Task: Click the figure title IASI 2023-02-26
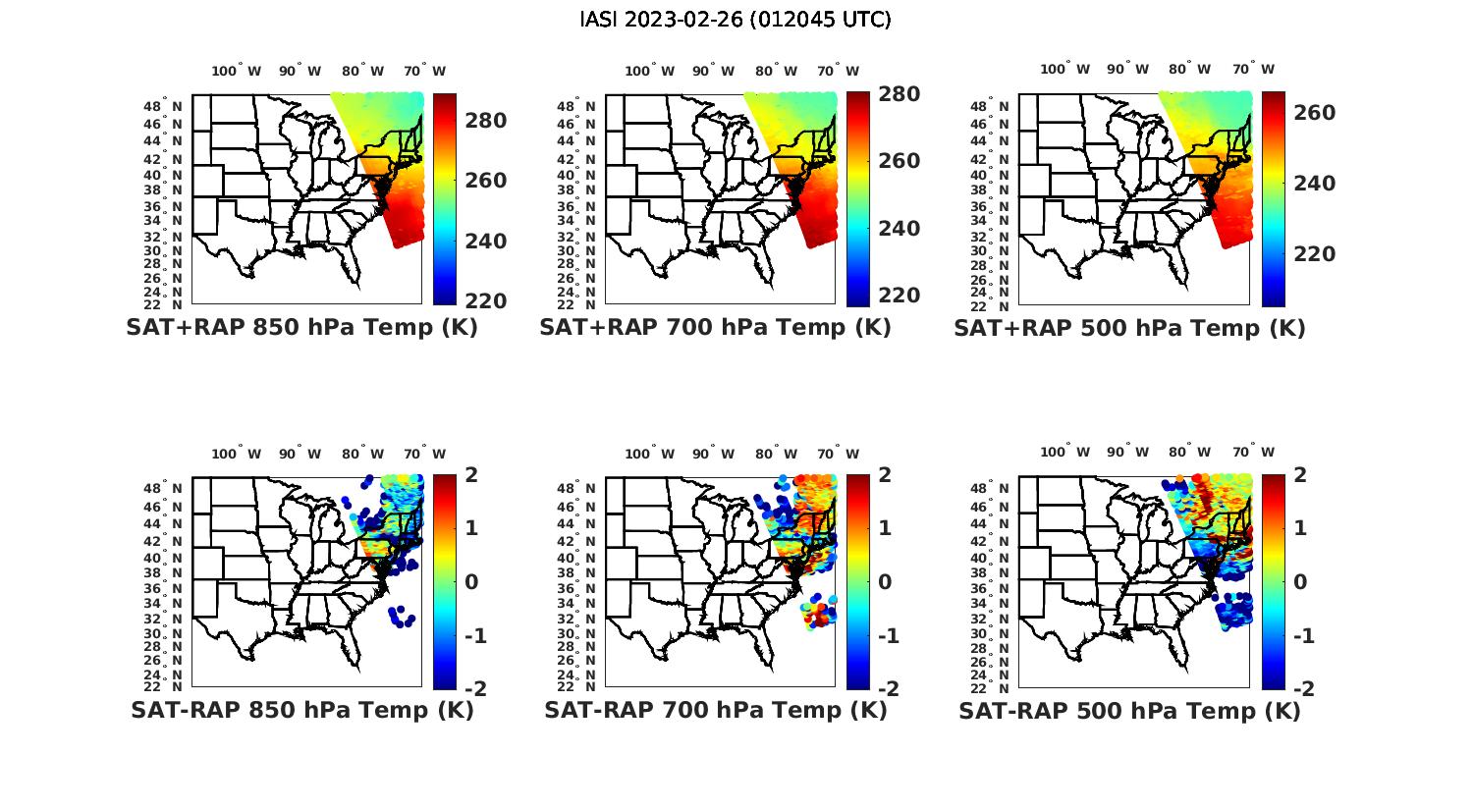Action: [736, 20]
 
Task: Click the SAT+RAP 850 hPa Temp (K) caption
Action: [301, 328]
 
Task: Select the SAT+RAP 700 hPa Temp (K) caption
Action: [715, 328]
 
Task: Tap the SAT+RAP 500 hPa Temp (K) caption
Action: [1129, 328]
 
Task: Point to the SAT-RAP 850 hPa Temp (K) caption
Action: [302, 710]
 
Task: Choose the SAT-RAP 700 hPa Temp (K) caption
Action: [716, 710]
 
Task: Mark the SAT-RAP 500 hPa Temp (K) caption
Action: [1129, 711]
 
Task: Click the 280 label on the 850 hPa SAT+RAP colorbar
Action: [485, 121]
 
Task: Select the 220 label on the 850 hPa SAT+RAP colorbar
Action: [485, 300]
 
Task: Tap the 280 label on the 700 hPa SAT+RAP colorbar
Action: [899, 94]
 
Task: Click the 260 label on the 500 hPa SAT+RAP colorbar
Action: [1314, 113]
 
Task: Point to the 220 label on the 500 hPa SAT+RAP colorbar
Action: [1314, 254]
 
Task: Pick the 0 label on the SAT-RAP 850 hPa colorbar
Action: [471, 582]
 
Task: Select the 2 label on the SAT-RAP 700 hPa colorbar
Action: [886, 475]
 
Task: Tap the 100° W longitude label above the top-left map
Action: [236, 71]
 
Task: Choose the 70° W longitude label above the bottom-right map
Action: [1253, 453]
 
